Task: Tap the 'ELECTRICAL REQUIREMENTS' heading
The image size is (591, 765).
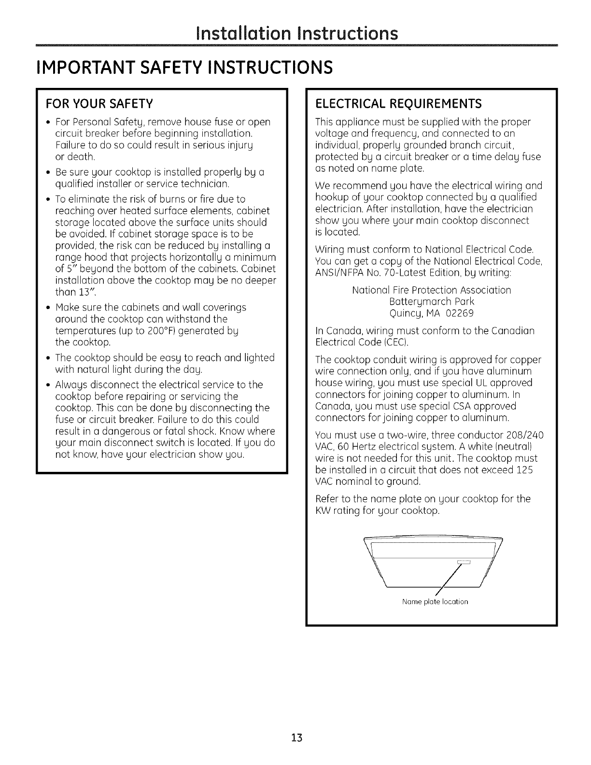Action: [x=398, y=104]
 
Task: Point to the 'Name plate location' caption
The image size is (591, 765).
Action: [x=435, y=602]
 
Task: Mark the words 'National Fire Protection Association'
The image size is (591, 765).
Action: [x=431, y=290]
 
